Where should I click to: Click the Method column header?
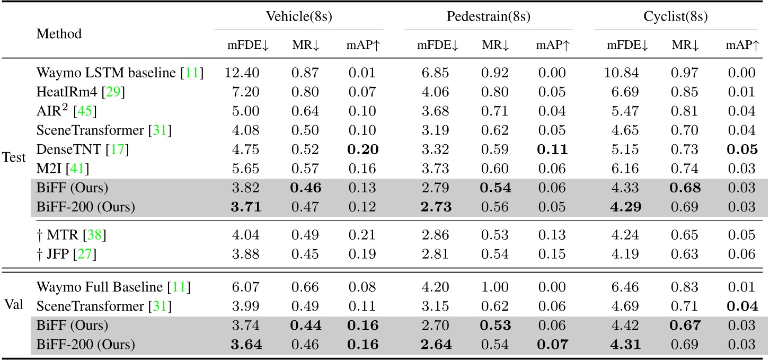point(59,34)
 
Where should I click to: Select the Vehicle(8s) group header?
point(299,16)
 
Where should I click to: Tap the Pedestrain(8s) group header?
point(489,16)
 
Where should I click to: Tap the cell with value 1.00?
point(497,288)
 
